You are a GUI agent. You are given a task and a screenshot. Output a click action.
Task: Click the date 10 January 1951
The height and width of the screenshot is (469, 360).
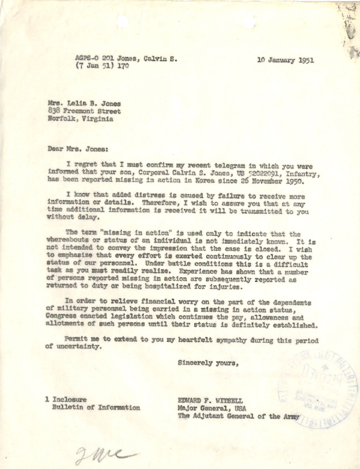(x=285, y=61)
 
